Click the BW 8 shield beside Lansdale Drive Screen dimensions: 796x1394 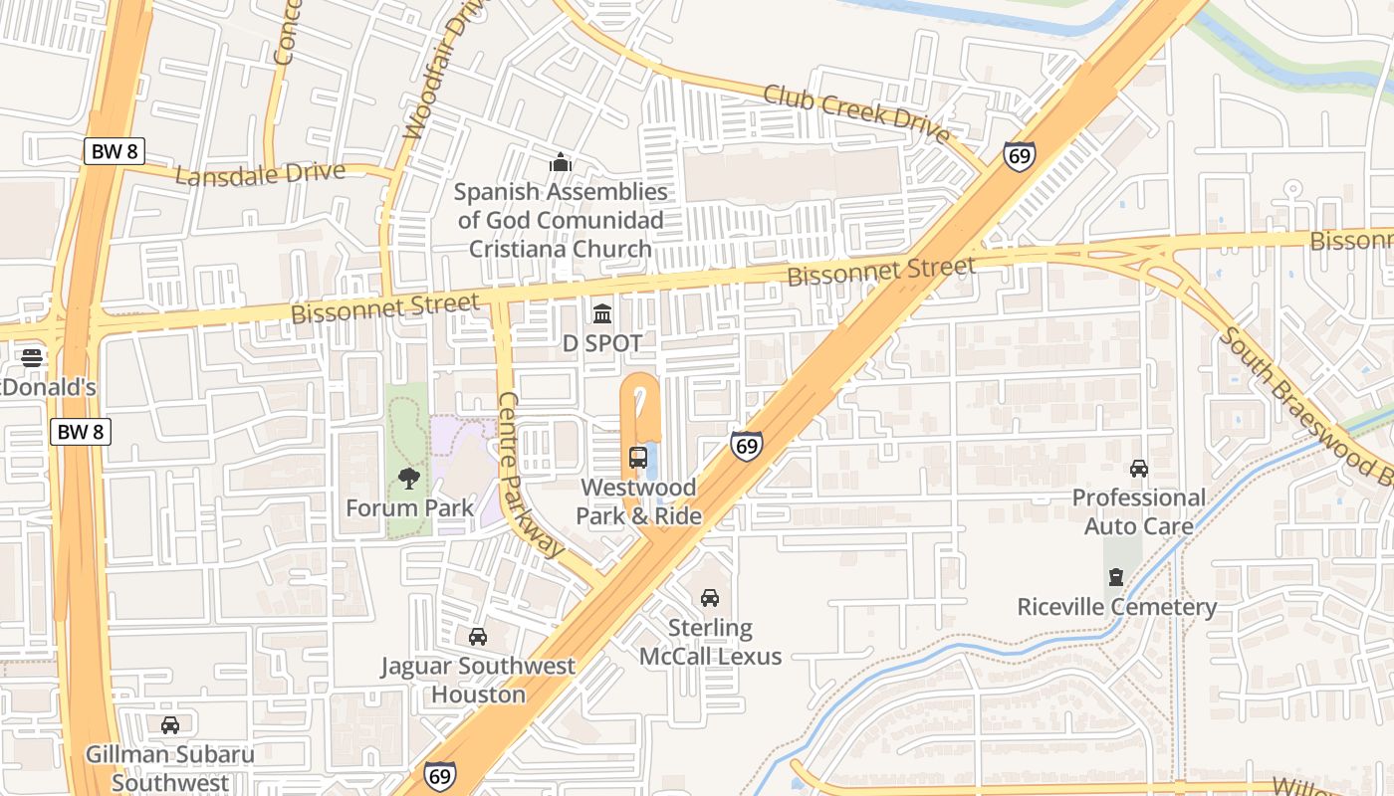(x=115, y=151)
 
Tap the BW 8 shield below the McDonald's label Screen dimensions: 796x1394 (x=81, y=432)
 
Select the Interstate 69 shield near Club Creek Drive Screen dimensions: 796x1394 (x=1019, y=156)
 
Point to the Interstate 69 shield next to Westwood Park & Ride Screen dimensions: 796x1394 (x=746, y=445)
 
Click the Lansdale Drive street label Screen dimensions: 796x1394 (x=260, y=174)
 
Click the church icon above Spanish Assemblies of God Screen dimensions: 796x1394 (x=561, y=162)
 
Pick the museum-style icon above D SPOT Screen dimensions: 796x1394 (x=602, y=314)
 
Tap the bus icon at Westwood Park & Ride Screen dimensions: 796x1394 (x=638, y=458)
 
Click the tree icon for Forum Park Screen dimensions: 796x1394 (x=409, y=479)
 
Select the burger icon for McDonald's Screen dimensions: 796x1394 (x=32, y=357)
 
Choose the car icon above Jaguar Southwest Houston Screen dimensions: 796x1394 (x=478, y=637)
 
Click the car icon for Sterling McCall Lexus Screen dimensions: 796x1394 (x=710, y=598)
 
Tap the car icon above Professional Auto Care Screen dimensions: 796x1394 (x=1138, y=468)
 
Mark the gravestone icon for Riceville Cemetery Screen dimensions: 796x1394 (x=1116, y=577)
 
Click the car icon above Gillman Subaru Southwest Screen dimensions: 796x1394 (x=170, y=724)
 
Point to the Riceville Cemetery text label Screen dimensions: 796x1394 (x=1116, y=607)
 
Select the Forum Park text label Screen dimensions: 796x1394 (x=409, y=507)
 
